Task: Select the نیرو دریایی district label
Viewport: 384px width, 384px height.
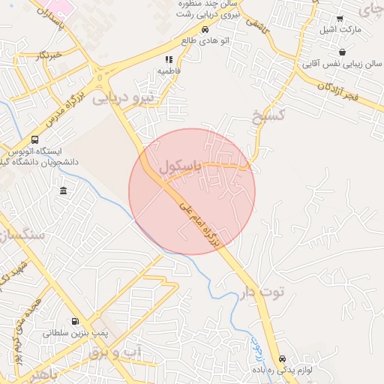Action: (x=122, y=95)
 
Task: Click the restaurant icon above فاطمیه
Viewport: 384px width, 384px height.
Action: (x=169, y=58)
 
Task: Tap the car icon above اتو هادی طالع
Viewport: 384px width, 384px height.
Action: (x=205, y=29)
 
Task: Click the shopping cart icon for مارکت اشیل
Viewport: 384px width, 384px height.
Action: (x=340, y=19)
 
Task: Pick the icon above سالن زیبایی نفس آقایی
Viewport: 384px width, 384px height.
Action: (x=342, y=52)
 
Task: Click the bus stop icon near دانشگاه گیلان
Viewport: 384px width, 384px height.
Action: (x=35, y=139)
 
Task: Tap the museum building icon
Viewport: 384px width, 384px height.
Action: (x=63, y=190)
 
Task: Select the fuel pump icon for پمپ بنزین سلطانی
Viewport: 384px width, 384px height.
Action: (x=73, y=320)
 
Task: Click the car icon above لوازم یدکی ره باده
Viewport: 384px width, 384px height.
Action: (x=282, y=358)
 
